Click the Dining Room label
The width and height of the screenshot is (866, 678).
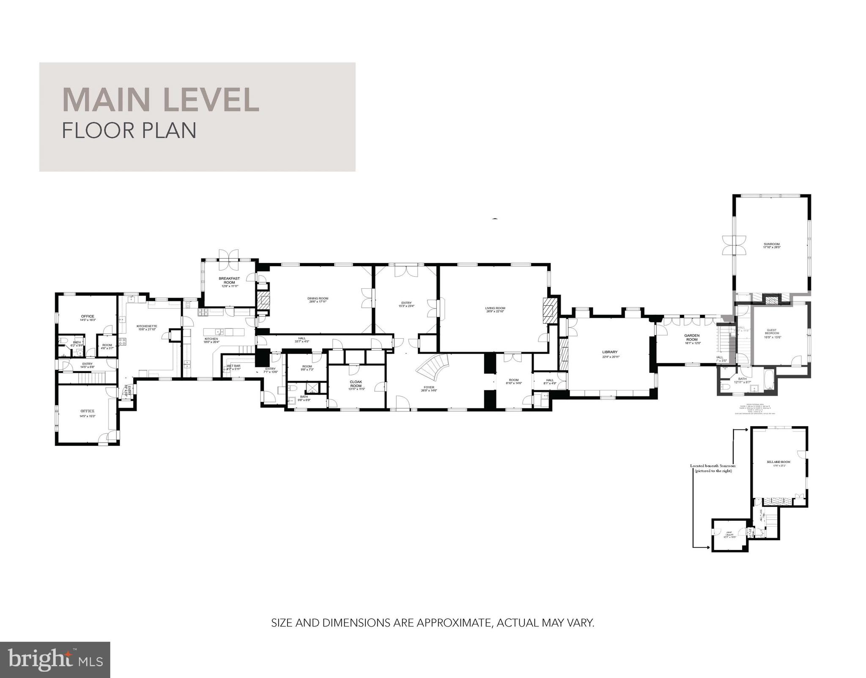[318, 300]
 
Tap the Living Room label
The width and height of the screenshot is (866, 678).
[495, 310]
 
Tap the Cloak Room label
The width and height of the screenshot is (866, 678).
[356, 384]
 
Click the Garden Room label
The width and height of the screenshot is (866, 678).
[692, 337]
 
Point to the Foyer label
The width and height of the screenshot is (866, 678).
[429, 388]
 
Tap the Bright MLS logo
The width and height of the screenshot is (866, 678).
[55, 660]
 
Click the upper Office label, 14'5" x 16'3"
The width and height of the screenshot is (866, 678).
[88, 318]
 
